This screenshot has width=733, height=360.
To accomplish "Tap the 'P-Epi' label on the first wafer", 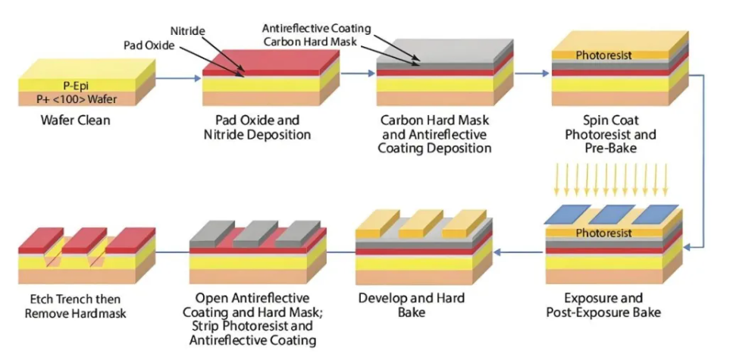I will [79, 85].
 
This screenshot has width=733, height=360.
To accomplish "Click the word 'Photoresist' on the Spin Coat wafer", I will [603, 55].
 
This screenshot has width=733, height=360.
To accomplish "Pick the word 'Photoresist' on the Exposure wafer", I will [603, 233].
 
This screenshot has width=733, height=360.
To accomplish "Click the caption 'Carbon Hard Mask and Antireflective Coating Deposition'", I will [435, 134].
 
